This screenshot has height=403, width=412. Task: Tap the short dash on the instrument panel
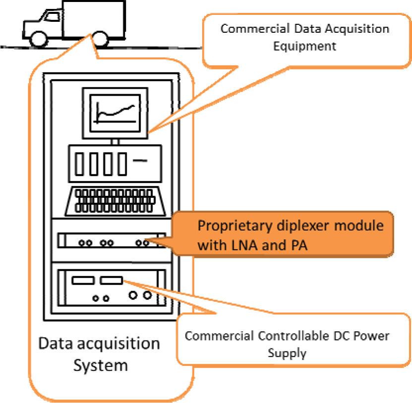pos(141,160)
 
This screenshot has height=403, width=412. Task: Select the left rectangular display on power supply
pos(83,281)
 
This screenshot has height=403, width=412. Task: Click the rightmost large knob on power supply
pos(147,296)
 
